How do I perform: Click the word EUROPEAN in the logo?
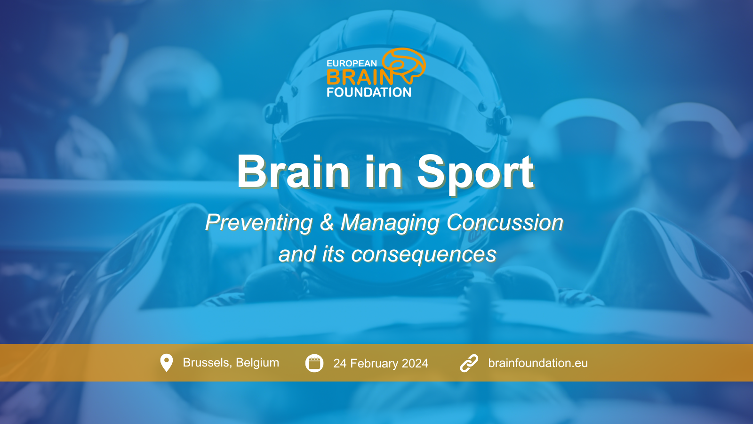point(352,63)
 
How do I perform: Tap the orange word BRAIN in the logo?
point(360,77)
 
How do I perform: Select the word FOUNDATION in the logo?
point(369,92)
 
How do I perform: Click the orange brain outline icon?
point(404,65)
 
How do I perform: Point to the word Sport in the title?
point(475,173)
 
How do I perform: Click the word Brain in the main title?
point(293,171)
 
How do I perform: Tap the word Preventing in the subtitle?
point(259,223)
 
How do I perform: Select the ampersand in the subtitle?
point(327,222)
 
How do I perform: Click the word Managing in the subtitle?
point(390,223)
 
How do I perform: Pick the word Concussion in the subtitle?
point(505,222)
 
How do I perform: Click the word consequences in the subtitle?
point(424,254)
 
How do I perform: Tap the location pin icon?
point(167,363)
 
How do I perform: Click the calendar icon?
point(314,363)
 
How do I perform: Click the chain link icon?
point(469,363)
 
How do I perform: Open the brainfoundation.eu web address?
point(538,363)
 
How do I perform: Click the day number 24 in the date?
point(340,364)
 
